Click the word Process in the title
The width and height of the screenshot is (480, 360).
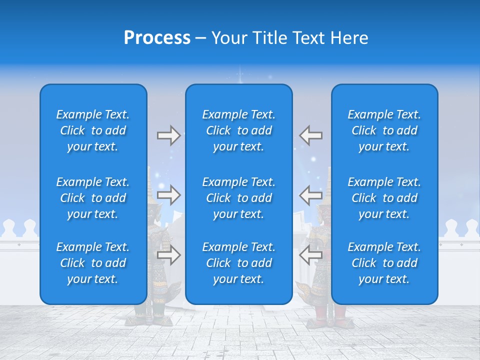[157, 38]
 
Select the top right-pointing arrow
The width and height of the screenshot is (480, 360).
[168, 135]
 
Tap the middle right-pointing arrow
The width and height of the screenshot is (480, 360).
[168, 195]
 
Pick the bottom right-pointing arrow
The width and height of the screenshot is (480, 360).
[168, 255]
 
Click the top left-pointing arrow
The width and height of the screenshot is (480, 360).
[311, 135]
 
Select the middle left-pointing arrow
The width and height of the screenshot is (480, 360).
[311, 195]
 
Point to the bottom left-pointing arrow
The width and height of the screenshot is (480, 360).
[311, 255]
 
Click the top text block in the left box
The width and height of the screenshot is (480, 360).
[93, 130]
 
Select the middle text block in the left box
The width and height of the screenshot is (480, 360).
[93, 198]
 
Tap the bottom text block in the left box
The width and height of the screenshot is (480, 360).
[93, 263]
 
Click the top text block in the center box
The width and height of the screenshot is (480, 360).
[238, 130]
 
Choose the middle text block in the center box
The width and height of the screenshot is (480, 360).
[238, 198]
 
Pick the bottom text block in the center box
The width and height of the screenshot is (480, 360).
[238, 263]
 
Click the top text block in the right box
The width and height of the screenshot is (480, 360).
[384, 130]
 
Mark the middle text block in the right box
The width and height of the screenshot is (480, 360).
[384, 198]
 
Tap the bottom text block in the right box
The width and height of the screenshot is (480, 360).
[384, 263]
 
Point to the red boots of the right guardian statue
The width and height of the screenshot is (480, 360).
[330, 314]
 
